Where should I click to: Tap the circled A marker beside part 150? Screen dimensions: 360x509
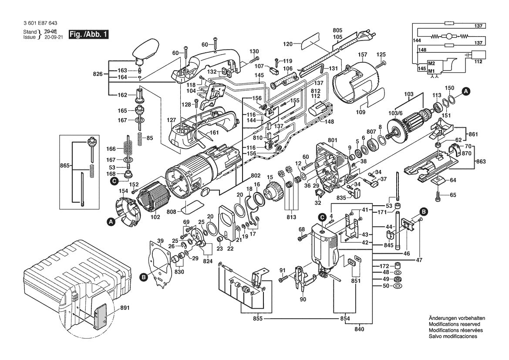pyautogui.click(x=466, y=92)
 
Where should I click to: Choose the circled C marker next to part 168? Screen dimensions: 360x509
pyautogui.click(x=114, y=180)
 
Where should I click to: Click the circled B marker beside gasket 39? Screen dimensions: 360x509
pyautogui.click(x=143, y=276)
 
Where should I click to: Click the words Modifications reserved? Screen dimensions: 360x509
pyautogui.click(x=454, y=324)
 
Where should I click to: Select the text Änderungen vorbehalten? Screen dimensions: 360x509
pyautogui.click(x=454, y=318)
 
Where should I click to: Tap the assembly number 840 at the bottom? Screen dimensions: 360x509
pyautogui.click(x=360, y=329)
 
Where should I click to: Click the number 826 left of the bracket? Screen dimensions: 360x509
pyautogui.click(x=99, y=74)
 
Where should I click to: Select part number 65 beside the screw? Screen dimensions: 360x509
pyautogui.click(x=453, y=195)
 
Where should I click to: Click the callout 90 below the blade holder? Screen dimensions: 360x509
pyautogui.click(x=303, y=299)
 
